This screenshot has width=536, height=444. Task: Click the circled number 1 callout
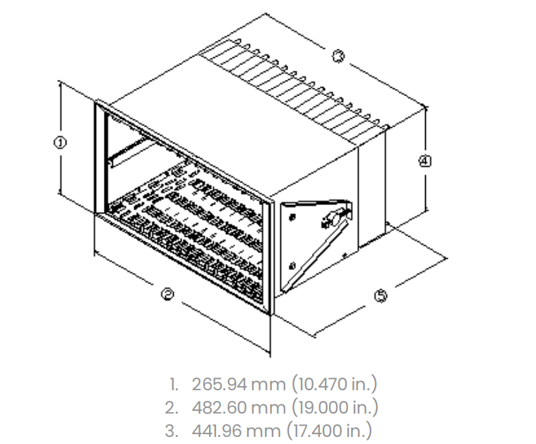61,142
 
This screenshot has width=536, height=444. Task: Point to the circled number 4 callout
424,160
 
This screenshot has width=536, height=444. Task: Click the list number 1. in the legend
174,385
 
